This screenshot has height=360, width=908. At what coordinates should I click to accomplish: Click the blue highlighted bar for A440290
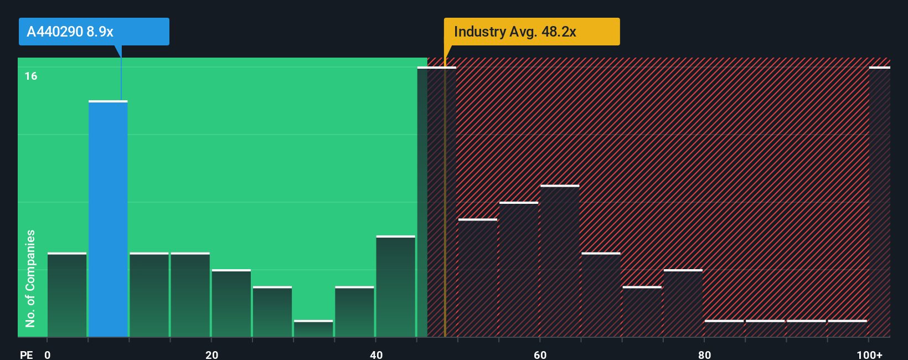coord(108,219)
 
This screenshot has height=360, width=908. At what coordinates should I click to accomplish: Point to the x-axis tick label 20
coord(211,354)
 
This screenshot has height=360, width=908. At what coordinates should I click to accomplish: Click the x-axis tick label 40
coord(376,354)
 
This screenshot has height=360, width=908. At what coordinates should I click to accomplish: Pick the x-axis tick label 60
coord(540,354)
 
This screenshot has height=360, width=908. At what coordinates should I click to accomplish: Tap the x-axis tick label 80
coord(704,354)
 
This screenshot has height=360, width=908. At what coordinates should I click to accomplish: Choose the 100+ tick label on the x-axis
coord(869,354)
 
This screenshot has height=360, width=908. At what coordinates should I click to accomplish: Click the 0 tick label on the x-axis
coord(48,354)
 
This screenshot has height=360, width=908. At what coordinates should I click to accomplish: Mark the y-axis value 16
coord(31,76)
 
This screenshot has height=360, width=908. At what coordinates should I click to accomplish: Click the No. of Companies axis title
coord(30,278)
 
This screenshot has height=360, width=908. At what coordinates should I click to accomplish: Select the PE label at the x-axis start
coord(27,354)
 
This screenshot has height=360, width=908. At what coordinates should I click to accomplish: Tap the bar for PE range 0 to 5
coord(67,295)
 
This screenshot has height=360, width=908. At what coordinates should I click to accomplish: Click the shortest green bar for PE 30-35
coord(313,328)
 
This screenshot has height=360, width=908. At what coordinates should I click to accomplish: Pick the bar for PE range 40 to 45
coord(395,286)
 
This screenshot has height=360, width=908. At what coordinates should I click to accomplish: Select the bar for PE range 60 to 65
coord(560,261)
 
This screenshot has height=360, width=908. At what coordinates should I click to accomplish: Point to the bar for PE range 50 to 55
coord(478,278)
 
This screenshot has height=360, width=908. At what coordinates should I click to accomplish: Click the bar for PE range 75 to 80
coord(683,303)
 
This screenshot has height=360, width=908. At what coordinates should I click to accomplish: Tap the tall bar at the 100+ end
coord(879,202)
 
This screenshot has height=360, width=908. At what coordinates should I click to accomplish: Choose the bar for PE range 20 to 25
coord(231,303)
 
